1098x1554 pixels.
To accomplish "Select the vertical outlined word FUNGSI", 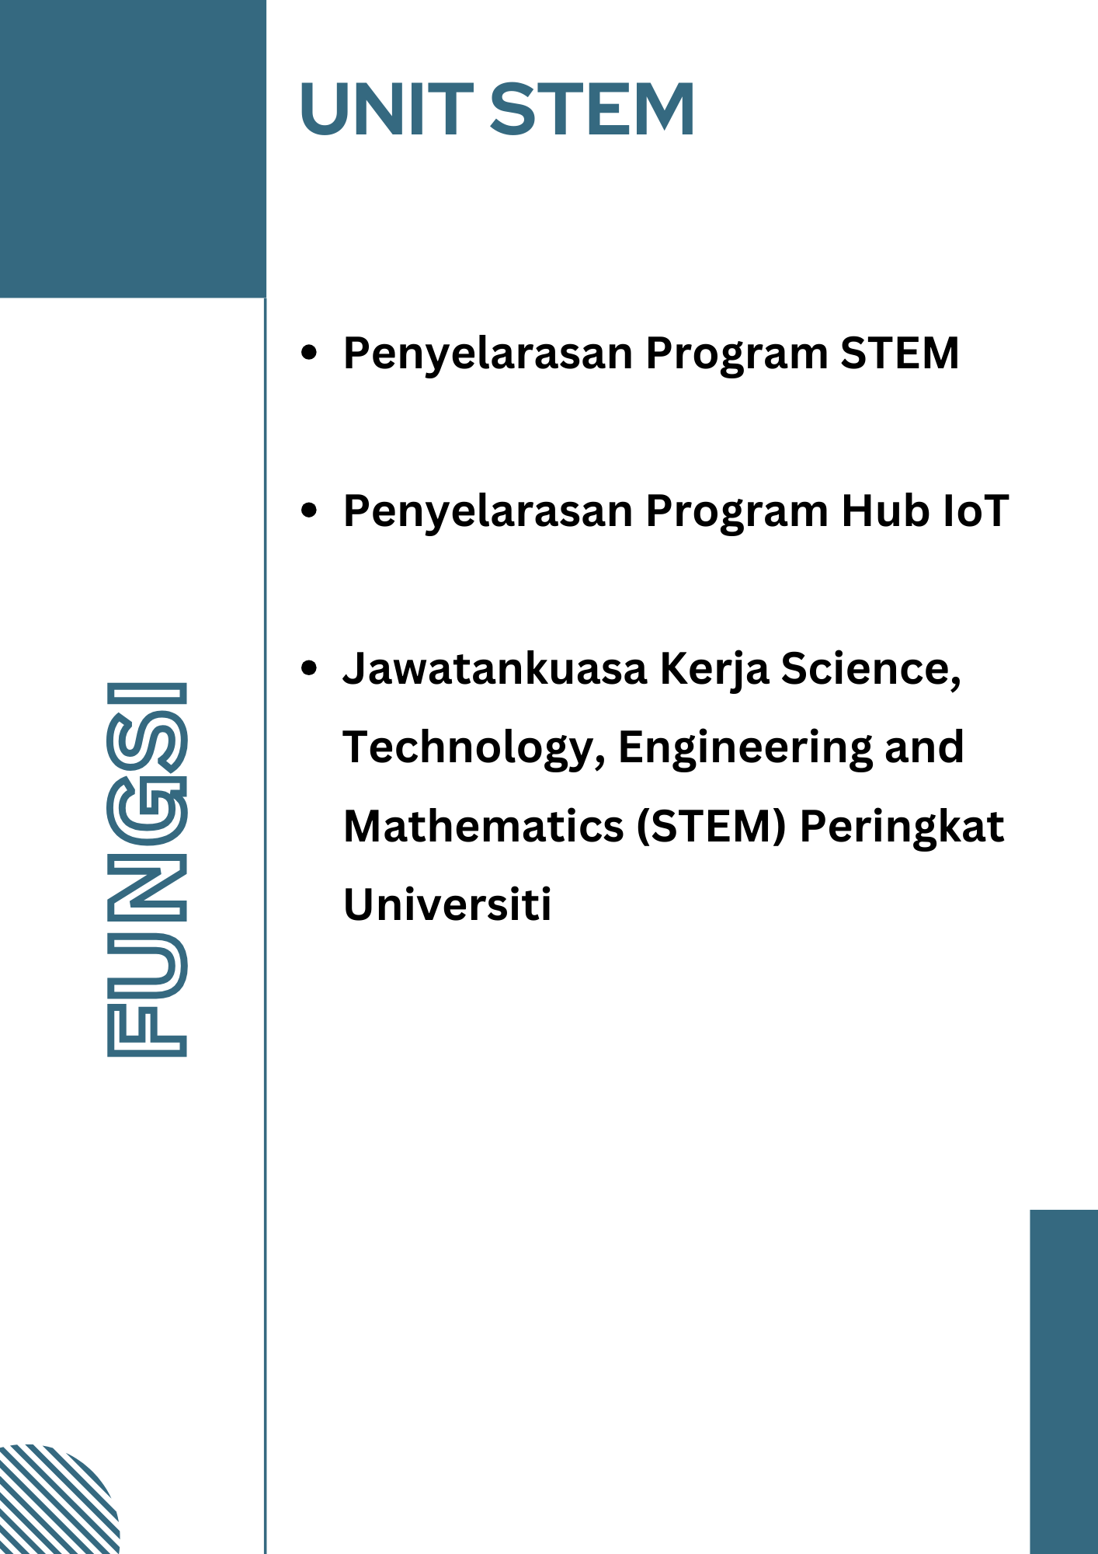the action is point(147,869).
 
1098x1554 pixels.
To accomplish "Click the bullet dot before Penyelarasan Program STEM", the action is point(309,352).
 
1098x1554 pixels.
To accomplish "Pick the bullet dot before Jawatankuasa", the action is point(309,667).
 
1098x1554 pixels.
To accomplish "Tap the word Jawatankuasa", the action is point(495,669).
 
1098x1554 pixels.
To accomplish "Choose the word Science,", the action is point(871,671).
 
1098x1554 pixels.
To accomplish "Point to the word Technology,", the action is point(474,750).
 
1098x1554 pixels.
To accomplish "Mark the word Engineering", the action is point(745,750).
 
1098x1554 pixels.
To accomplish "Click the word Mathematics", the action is point(484,826).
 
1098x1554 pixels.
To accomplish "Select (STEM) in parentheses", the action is point(712,827).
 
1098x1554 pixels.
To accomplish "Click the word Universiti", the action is point(447,904).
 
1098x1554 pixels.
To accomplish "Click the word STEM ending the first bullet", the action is point(900,353).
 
